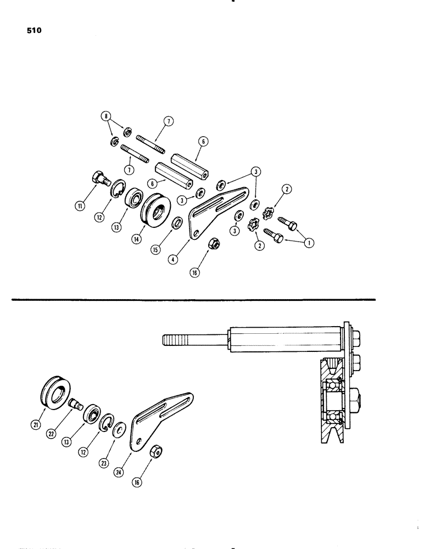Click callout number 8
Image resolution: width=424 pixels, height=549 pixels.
pos(105,116)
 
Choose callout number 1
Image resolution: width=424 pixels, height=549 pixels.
pos(310,240)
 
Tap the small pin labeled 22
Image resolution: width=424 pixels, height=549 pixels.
pos(76,406)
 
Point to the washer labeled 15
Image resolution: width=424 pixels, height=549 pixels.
pos(177,223)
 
